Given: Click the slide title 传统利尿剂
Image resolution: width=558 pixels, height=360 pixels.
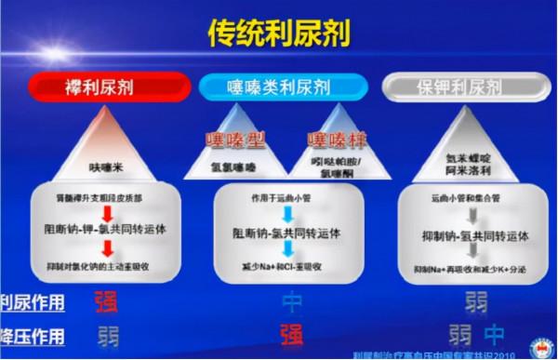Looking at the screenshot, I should coord(278,33).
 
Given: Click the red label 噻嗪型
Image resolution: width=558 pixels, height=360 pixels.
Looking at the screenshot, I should coord(235,141).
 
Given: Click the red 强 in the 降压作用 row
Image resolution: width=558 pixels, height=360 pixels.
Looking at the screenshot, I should coord(291,332).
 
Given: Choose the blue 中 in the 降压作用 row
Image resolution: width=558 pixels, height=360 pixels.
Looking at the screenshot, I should coord(497,333).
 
